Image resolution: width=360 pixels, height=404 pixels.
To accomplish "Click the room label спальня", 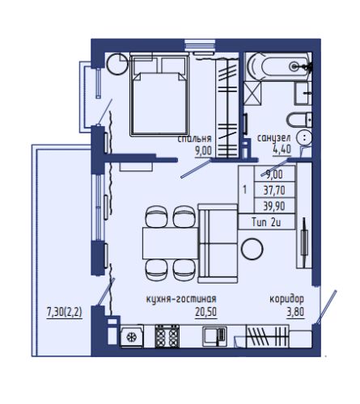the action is (194, 139).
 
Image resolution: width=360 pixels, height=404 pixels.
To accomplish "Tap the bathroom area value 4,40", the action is (282, 149).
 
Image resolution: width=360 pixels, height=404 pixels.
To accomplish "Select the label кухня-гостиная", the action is (181, 299).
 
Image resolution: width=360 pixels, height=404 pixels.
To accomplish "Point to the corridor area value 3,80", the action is (295, 312).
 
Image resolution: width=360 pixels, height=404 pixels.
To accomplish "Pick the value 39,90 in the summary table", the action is (274, 206).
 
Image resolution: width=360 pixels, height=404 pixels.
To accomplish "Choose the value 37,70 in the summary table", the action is (274, 191).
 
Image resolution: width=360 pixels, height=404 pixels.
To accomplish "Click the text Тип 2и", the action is (266, 222).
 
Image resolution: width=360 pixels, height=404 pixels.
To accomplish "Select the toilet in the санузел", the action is (299, 120).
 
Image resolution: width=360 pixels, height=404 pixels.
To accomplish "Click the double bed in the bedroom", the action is (159, 95).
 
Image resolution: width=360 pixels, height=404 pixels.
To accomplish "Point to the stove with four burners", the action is (167, 336).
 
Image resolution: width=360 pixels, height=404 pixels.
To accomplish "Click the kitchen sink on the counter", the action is (214, 336).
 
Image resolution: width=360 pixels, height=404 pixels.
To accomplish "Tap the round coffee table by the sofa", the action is (252, 249).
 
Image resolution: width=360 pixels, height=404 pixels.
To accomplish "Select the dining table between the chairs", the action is (171, 243).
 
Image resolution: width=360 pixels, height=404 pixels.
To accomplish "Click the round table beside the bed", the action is (117, 64).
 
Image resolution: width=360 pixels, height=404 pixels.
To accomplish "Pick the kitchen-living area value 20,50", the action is (205, 312).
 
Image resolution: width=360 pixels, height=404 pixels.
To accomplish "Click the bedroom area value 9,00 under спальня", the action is (204, 151).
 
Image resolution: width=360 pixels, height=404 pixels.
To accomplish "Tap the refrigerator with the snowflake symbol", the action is (131, 336).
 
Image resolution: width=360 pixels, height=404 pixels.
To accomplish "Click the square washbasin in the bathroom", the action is (302, 93).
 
